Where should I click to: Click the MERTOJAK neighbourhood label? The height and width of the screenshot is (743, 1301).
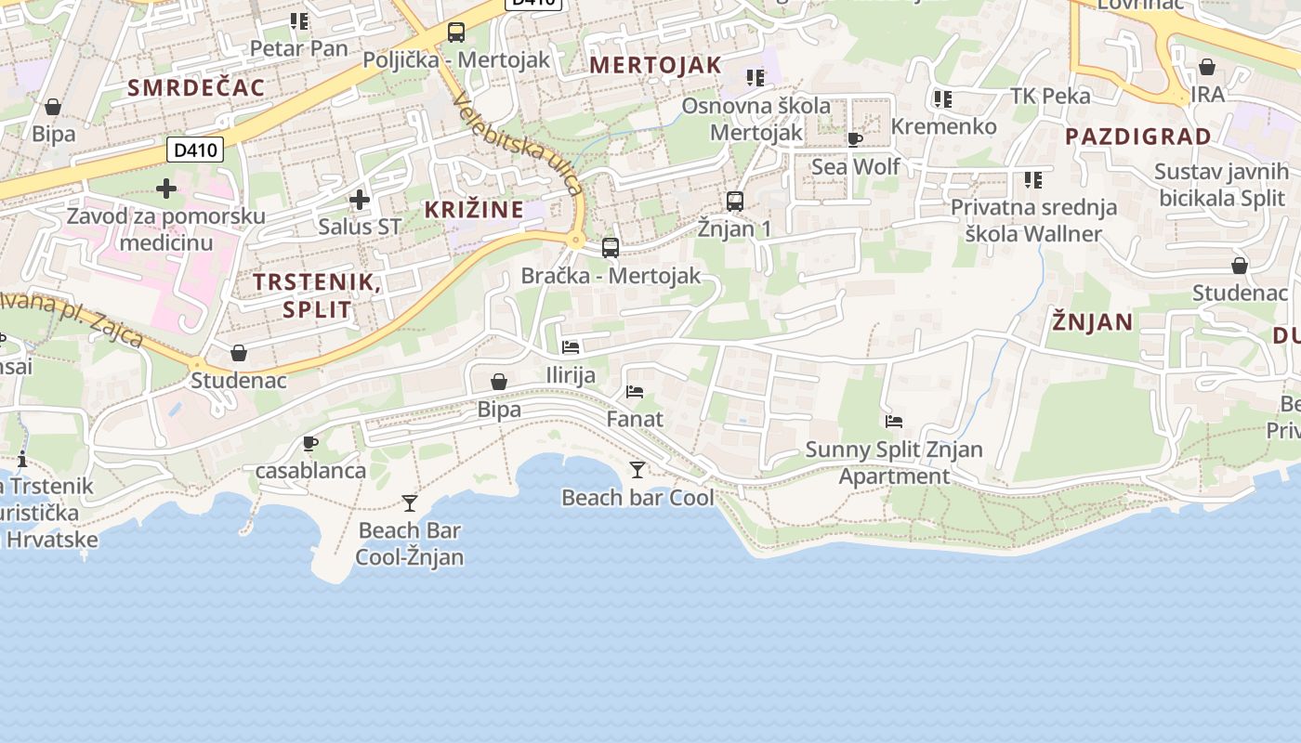(x=655, y=65)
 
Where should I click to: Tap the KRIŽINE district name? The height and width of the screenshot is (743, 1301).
(x=475, y=210)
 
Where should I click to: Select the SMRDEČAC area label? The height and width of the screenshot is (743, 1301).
(x=196, y=88)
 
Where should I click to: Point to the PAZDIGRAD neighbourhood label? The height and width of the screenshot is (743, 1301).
(x=1138, y=137)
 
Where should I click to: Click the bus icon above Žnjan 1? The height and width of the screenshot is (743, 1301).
(x=734, y=201)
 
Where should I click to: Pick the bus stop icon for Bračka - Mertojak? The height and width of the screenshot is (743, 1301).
(x=610, y=248)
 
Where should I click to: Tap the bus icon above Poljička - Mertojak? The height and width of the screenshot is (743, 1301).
(x=455, y=33)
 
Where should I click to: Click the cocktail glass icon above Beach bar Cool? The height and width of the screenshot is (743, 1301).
(x=637, y=470)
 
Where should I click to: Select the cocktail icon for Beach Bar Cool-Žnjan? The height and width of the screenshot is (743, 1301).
(x=409, y=503)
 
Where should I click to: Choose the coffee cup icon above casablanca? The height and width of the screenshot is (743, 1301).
(x=310, y=444)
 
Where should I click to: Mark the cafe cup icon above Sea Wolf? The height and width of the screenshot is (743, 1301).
(x=855, y=140)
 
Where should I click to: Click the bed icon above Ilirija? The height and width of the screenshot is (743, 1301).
(x=571, y=347)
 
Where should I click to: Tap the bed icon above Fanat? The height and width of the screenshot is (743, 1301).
(x=635, y=392)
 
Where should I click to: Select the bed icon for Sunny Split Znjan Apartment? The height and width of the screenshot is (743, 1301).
(x=894, y=422)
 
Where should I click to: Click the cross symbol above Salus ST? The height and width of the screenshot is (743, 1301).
(x=359, y=200)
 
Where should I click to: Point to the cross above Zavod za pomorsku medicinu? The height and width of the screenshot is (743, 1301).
(x=166, y=189)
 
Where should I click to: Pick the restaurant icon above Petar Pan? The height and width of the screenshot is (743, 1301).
(x=298, y=20)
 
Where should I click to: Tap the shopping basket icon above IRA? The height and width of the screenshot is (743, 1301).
(x=1206, y=67)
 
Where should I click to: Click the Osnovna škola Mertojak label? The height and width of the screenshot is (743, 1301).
(x=756, y=119)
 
